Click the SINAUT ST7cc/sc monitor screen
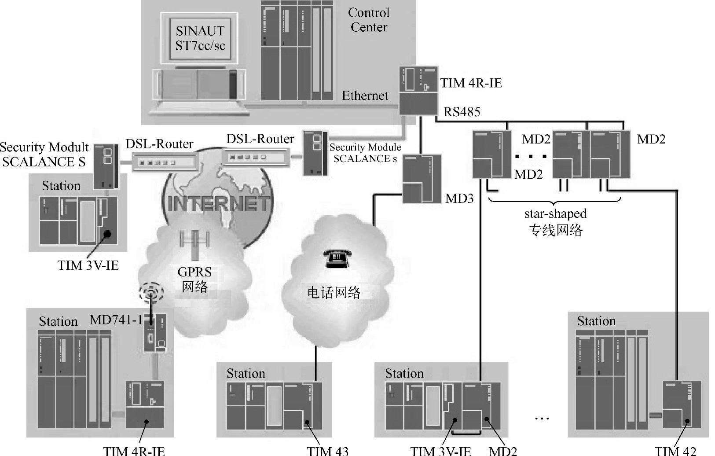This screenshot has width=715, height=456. pos(200,38)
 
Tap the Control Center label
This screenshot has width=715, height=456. pos(369,20)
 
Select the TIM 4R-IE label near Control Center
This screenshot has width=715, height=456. pos(471,83)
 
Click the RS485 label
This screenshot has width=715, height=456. pos(462,112)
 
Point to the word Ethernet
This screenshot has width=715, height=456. pos(365,96)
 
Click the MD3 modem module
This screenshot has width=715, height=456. pos(422,179)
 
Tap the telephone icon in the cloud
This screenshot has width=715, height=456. pos(337,258)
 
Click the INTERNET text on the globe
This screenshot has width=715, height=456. pos(219,203)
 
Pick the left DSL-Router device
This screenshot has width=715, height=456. pos(159,162)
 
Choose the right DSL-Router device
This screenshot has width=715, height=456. pos(256,157)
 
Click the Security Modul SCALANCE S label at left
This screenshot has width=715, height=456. pos(44,154)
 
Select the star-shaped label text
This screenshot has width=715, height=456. pos(555,214)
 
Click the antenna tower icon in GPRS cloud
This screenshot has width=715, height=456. pos(194,242)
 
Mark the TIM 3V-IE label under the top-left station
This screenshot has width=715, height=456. pos(88,265)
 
